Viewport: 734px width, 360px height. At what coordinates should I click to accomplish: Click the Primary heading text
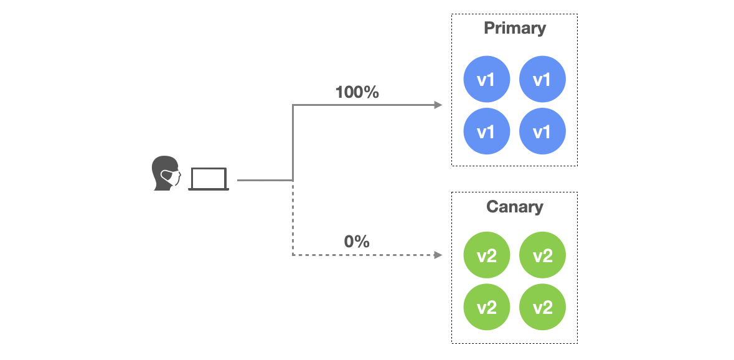pyautogui.click(x=514, y=28)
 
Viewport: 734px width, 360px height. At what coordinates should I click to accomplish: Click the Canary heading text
pyautogui.click(x=514, y=207)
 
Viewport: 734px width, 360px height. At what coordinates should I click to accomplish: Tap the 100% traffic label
pyautogui.click(x=357, y=92)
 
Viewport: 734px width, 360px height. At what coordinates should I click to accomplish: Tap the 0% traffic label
pyautogui.click(x=357, y=241)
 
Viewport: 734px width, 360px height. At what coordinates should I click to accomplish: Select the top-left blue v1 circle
pyautogui.click(x=487, y=79)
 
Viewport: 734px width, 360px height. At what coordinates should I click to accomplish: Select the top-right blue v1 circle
pyautogui.click(x=542, y=79)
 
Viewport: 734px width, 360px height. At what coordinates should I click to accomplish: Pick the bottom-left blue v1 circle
pyautogui.click(x=487, y=131)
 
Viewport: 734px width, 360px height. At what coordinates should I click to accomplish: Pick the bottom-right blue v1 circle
pyautogui.click(x=542, y=131)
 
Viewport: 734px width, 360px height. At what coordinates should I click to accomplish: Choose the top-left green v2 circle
pyautogui.click(x=487, y=255)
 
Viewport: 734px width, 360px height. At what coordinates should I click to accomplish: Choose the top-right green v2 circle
pyautogui.click(x=542, y=255)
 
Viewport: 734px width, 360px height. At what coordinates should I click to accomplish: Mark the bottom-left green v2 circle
pyautogui.click(x=487, y=308)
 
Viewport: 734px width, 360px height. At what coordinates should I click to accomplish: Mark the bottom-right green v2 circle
pyautogui.click(x=542, y=308)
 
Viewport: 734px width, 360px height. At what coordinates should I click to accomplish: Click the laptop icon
pyautogui.click(x=209, y=179)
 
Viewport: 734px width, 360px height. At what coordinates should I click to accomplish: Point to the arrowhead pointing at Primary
pyautogui.click(x=438, y=105)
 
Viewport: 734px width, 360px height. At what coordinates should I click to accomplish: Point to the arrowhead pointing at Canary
pyautogui.click(x=438, y=255)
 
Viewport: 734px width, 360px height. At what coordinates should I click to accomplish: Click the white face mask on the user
pyautogui.click(x=169, y=178)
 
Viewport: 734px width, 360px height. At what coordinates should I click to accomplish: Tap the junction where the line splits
pyautogui.click(x=293, y=180)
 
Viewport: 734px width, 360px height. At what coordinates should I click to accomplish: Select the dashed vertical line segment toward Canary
pyautogui.click(x=293, y=218)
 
